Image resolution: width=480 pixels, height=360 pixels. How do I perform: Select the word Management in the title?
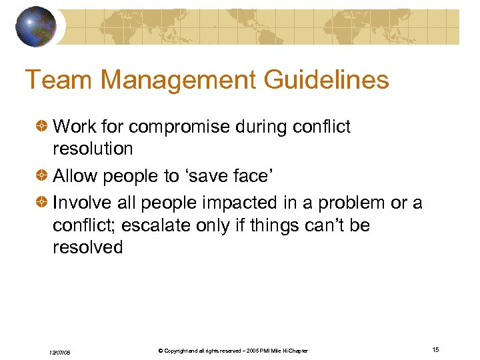click(177, 80)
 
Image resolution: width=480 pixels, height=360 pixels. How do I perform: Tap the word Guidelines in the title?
click(326, 80)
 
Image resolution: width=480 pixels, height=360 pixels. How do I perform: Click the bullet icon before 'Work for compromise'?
click(43, 127)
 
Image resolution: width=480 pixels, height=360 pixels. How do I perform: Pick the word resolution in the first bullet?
click(93, 148)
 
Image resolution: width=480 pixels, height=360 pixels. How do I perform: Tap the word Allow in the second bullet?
click(74, 176)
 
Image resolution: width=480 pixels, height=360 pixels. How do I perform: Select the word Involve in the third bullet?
click(82, 203)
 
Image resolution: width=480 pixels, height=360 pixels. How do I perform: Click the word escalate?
click(160, 225)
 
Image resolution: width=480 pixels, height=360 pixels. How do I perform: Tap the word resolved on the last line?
click(87, 247)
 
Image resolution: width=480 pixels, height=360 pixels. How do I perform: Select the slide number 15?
click(435, 350)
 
